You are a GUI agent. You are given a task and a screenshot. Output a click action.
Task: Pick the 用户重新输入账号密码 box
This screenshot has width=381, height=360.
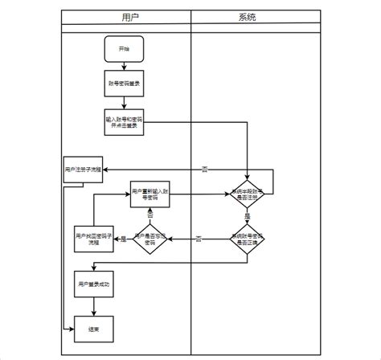[150, 195]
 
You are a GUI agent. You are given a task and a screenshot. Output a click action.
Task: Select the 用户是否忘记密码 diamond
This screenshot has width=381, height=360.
[150, 238]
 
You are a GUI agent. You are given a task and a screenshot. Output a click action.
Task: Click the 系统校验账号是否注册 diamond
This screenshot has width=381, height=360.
[247, 194]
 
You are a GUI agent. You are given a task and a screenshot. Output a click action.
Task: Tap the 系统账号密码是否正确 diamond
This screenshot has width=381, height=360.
[247, 238]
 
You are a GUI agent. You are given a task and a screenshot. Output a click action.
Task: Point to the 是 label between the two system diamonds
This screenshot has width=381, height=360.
[247, 216]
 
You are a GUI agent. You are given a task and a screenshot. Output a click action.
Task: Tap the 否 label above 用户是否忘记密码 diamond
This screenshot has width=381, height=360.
[150, 216]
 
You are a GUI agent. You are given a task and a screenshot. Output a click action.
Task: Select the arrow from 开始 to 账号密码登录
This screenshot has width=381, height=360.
[124, 67]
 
